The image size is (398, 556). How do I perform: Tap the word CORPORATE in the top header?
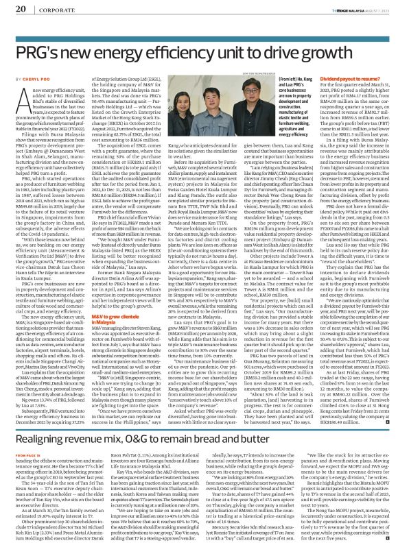(52, 8)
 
